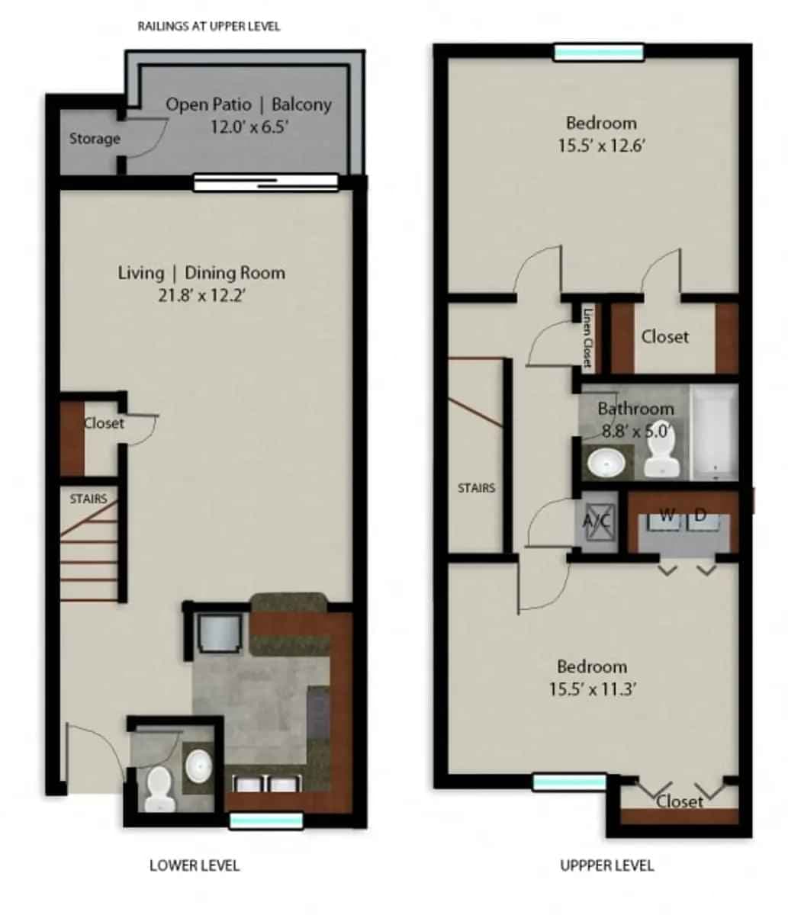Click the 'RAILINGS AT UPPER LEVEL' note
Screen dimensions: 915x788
coord(208,26)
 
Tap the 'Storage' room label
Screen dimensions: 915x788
coord(95,139)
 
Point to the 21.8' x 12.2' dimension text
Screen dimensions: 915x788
coord(202,294)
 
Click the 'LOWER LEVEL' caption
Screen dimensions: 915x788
coord(195,865)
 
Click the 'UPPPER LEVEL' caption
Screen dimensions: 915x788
coord(606,865)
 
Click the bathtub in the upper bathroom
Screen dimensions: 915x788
coord(715,432)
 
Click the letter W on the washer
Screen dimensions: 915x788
coord(667,516)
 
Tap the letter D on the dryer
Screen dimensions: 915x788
coord(701,516)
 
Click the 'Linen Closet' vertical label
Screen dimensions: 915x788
coord(587,338)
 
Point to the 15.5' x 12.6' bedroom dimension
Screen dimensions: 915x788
coord(602,145)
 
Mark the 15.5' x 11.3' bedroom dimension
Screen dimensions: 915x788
coord(592,689)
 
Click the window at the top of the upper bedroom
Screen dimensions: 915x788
coord(598,52)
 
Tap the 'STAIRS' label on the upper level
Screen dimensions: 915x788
coord(476,488)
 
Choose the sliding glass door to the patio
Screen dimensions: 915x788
coord(265,181)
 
